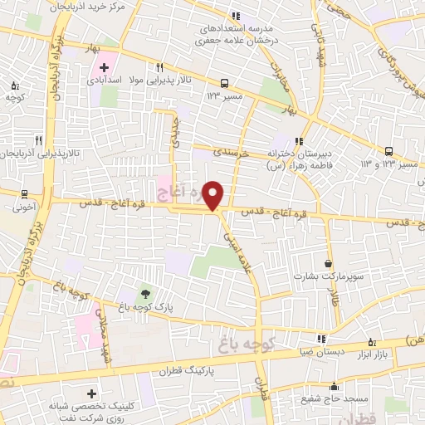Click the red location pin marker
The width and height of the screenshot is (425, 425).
tap(213, 195)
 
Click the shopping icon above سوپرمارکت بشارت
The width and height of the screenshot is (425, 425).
tap(329, 263)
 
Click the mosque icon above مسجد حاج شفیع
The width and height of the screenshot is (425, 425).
tap(334, 386)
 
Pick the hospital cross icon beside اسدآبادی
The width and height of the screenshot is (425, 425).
tap(104, 67)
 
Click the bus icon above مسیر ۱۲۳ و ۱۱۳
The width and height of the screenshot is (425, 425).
tap(389, 151)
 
